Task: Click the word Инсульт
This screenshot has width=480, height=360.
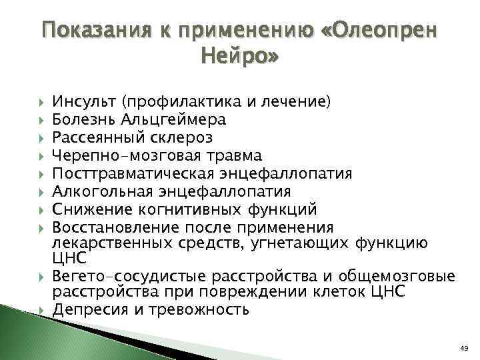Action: (85, 103)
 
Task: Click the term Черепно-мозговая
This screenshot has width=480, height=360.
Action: (125, 156)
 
